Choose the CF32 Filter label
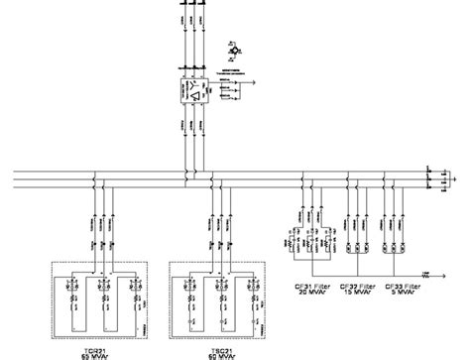click(x=357, y=285)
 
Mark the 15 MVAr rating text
click(x=357, y=293)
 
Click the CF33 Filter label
click(x=406, y=285)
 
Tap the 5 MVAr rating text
click(x=406, y=293)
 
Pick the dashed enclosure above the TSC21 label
click(x=214, y=297)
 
